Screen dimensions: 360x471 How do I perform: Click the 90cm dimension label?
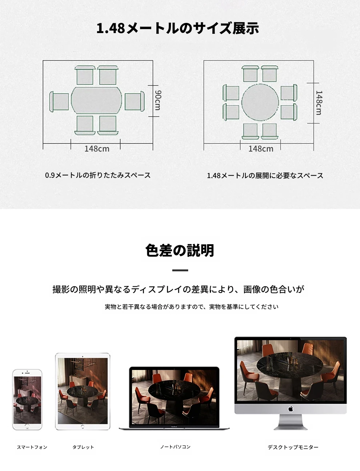coord(158,100)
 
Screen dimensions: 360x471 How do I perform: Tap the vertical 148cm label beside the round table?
coord(319,102)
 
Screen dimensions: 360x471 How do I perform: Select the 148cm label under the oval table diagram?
coord(97,149)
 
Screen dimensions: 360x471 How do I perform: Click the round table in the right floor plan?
coord(260,102)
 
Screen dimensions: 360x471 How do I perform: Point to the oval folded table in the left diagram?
coord(96,100)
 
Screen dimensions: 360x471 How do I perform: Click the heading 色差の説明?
coord(180,250)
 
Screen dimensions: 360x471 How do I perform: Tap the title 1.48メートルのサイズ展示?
coord(178,28)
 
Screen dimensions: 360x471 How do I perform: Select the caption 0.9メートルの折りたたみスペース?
coord(98,175)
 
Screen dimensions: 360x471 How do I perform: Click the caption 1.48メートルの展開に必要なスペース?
coord(265,176)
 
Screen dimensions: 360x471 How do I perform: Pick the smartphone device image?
coord(27,399)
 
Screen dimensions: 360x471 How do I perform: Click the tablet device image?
coord(83,391)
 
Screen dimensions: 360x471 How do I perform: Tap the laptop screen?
coord(174,397)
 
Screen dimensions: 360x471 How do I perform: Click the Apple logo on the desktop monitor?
coord(291,409)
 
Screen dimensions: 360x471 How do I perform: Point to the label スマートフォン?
coord(32,447)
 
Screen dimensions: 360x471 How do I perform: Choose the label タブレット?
coord(83,447)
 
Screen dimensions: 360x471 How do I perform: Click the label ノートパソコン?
coord(175,447)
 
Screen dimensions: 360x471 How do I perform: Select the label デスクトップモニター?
coord(293,447)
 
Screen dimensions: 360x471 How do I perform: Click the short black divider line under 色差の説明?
coord(180,270)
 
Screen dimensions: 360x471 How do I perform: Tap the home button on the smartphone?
coord(27,426)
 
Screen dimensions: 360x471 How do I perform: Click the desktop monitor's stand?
coord(291,422)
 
